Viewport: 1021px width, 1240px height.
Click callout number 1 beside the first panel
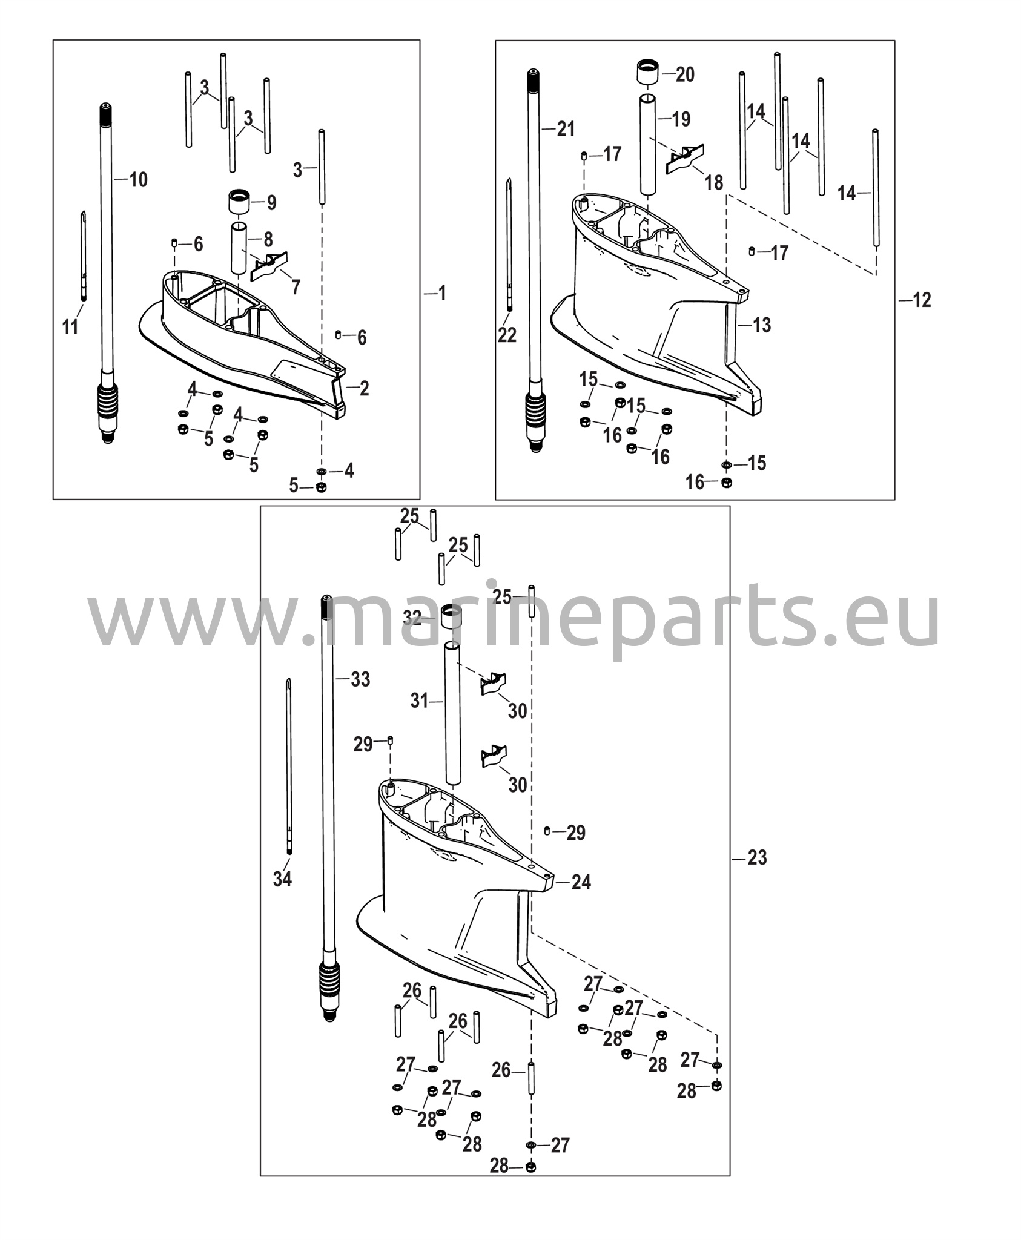442,294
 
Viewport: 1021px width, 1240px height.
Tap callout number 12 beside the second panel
922,300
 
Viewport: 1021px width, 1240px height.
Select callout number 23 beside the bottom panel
757,858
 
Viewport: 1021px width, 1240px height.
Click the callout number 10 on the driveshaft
139,179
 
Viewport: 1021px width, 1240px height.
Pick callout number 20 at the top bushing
685,74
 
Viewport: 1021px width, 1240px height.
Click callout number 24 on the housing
581,882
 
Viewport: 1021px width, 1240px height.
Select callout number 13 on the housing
762,325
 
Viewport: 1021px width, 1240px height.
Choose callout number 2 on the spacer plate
364,388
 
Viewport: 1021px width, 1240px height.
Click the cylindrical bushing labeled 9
239,201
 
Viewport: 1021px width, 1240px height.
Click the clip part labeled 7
269,266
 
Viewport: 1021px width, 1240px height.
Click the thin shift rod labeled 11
83,254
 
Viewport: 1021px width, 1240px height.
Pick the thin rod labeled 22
509,245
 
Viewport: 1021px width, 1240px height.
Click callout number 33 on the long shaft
360,679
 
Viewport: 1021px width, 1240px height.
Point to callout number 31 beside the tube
419,701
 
